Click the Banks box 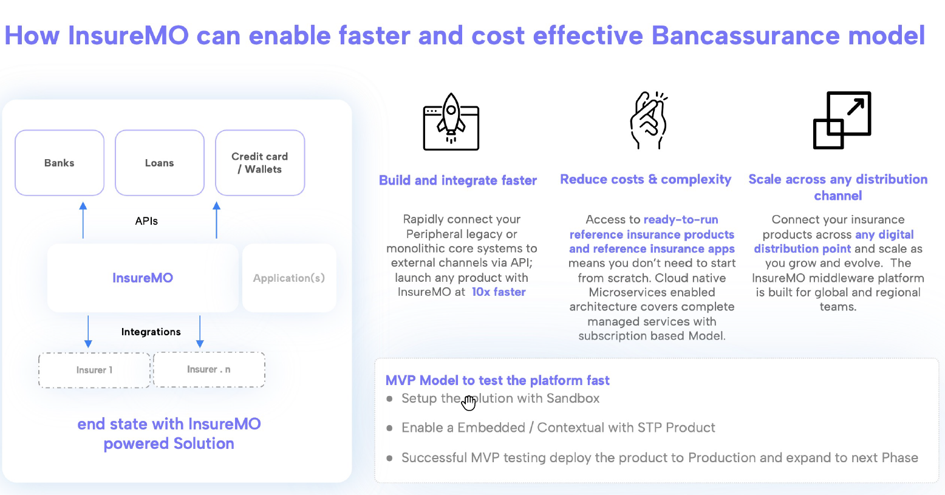(60, 163)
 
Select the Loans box (160, 163)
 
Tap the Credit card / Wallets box (260, 163)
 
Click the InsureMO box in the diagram (143, 278)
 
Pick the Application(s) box (289, 278)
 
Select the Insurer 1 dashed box (95, 370)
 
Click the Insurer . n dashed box (210, 370)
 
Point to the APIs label (146, 221)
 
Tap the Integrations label (151, 332)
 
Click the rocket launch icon (451, 121)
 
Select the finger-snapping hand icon (649, 120)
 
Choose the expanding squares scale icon (842, 120)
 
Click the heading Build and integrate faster (458, 180)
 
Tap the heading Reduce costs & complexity (646, 179)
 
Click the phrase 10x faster (499, 292)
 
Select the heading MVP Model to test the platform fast (497, 380)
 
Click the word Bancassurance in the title (746, 35)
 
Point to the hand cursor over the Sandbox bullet (468, 403)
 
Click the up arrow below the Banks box (83, 220)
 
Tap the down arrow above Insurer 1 (88, 332)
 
